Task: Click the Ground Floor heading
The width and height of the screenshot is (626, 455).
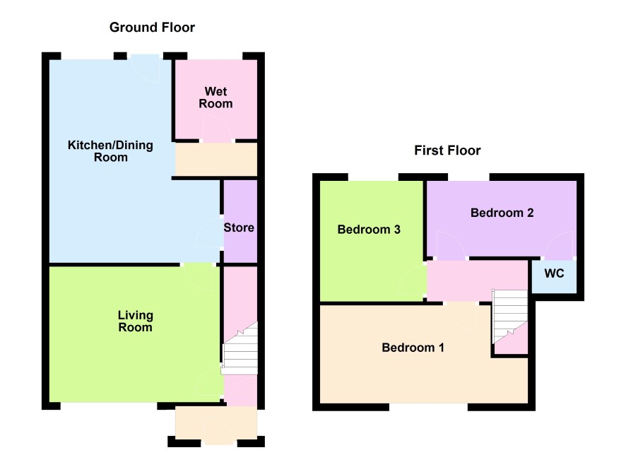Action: pos(152,27)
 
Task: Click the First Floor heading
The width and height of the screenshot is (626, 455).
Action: pos(447,150)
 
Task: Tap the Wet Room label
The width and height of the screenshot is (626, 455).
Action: pos(215,97)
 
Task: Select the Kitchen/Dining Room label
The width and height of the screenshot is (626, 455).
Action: pos(111,151)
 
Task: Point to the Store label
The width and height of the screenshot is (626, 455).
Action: pos(239,227)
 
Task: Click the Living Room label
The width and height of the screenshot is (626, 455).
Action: pos(136,321)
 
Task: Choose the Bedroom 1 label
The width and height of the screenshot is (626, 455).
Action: pos(413,347)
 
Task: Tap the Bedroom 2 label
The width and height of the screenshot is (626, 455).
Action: pos(502,213)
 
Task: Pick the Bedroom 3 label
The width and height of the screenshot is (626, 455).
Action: pos(369,230)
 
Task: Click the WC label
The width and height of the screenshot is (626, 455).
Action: pos(554,273)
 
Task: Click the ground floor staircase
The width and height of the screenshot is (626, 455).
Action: pos(240,349)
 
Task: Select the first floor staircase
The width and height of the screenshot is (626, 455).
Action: pos(510,315)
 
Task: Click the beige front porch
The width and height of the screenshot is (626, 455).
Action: pos(216,425)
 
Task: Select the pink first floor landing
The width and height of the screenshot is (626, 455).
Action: pos(478,280)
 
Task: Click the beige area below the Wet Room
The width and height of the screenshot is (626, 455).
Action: pos(216,159)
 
